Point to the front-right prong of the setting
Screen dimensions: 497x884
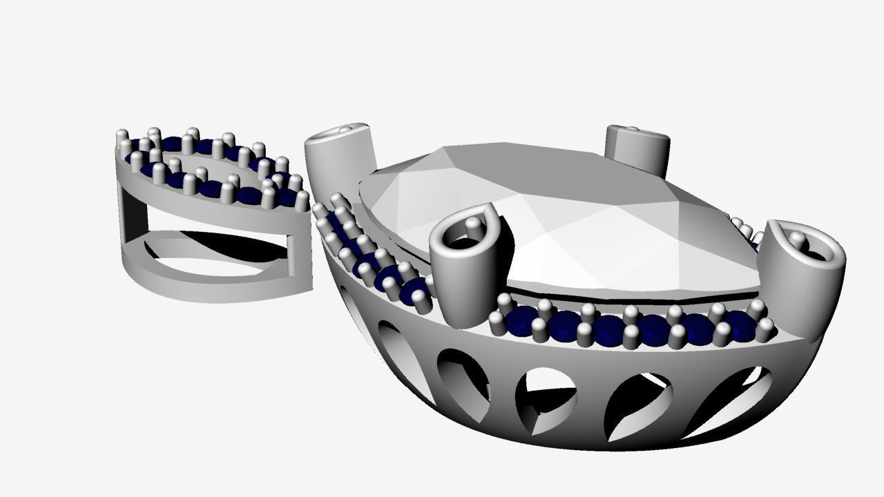click(805, 276)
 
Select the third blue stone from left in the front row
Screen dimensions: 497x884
click(608, 330)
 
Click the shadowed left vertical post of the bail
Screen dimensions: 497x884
click(135, 214)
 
